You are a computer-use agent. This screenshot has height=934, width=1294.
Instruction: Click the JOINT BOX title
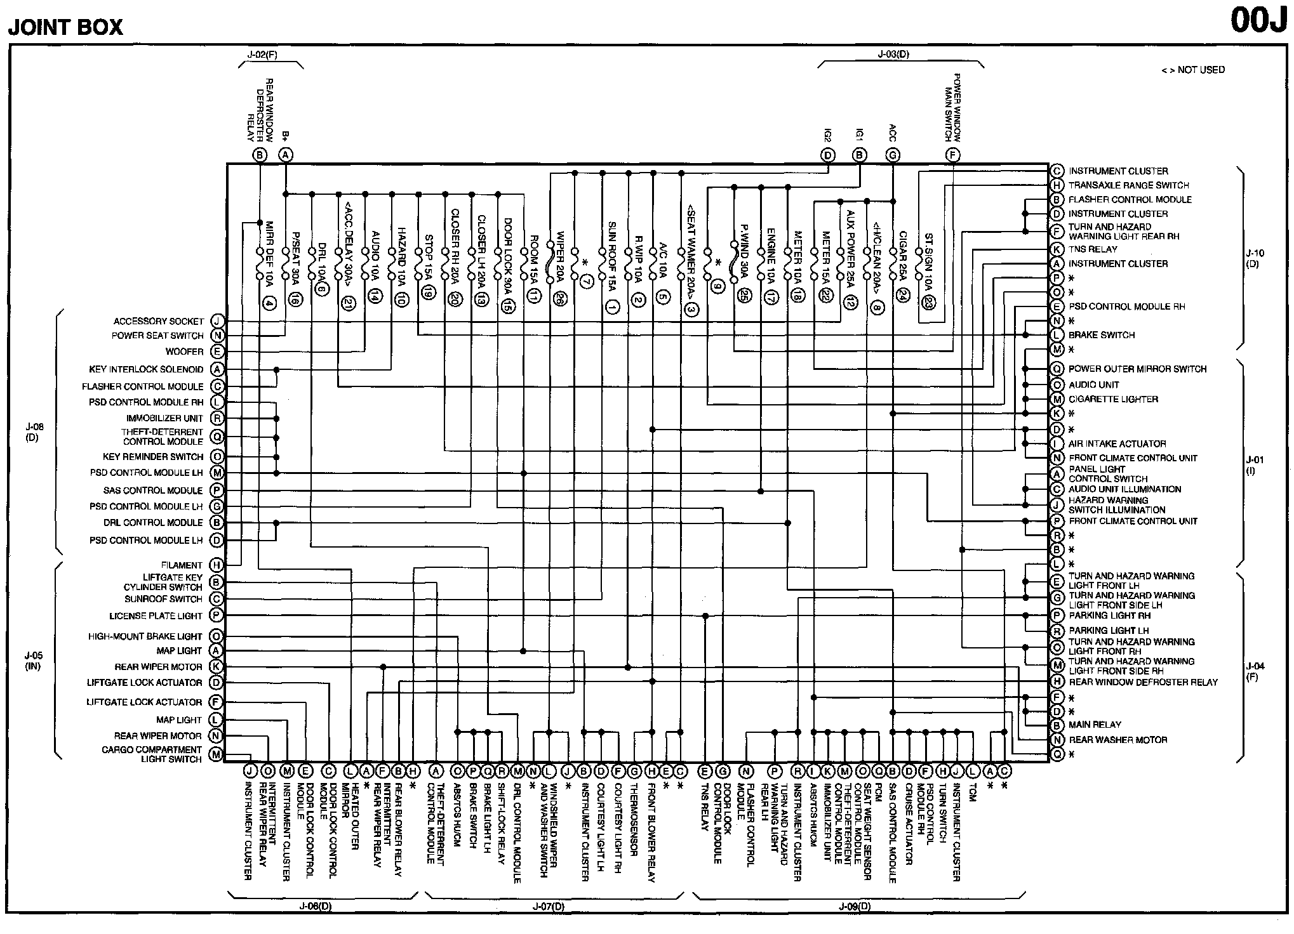(65, 27)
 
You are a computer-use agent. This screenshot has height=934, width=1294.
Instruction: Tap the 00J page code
(1258, 20)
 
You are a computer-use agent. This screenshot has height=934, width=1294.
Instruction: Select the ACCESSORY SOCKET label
(159, 322)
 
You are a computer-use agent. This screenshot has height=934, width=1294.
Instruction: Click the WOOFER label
(185, 352)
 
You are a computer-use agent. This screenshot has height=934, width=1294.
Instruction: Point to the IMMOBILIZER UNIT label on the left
(165, 418)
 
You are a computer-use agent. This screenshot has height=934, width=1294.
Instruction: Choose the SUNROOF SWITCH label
(163, 599)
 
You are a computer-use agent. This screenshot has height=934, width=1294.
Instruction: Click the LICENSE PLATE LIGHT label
(156, 616)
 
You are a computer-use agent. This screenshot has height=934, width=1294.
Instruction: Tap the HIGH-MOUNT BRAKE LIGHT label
(145, 636)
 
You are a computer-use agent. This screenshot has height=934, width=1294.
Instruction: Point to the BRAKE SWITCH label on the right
(1101, 335)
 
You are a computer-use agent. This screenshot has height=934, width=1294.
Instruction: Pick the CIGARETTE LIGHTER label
(1113, 399)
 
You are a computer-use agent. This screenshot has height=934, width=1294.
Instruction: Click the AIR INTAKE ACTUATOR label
(1117, 444)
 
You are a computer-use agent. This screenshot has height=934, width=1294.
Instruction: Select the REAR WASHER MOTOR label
(1117, 740)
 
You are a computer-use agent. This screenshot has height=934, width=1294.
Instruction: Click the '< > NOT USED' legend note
(1192, 70)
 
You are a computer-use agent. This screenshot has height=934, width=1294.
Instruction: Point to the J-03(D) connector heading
(893, 55)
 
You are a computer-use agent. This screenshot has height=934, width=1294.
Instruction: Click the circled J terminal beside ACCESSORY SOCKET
(217, 322)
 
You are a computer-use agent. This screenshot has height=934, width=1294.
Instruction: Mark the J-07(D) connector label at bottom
(548, 907)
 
